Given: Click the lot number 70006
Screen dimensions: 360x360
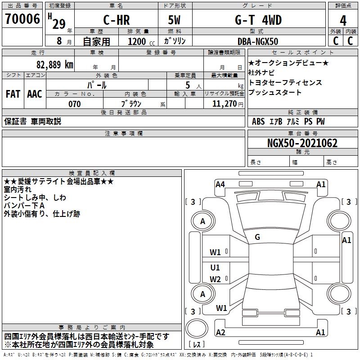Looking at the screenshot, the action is pyautogui.click(x=22, y=19).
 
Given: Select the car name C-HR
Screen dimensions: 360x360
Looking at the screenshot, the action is pyautogui.click(x=117, y=20).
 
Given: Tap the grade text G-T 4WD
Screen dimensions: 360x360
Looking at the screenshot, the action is pyautogui.click(x=258, y=20).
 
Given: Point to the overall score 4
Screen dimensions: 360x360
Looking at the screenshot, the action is pyautogui.click(x=343, y=21).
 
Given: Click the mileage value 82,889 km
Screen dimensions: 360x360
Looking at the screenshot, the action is pyautogui.click(x=54, y=65).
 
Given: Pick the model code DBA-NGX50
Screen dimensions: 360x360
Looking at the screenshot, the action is pyautogui.click(x=258, y=41).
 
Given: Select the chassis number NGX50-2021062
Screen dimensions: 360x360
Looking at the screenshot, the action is pyautogui.click(x=302, y=143).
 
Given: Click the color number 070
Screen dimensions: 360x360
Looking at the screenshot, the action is pyautogui.click(x=75, y=104).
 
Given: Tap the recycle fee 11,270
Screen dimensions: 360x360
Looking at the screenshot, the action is pyautogui.click(x=224, y=104).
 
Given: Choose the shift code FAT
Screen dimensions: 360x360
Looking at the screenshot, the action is pyautogui.click(x=13, y=94).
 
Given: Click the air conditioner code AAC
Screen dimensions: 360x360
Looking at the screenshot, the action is pyautogui.click(x=35, y=94).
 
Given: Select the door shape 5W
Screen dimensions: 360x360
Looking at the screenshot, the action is pyautogui.click(x=174, y=20).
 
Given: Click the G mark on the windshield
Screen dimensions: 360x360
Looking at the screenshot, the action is pyautogui.click(x=257, y=237).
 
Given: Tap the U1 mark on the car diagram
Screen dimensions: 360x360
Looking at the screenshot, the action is pyautogui.click(x=215, y=267).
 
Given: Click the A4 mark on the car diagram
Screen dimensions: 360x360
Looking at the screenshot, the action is pyautogui.click(x=220, y=184).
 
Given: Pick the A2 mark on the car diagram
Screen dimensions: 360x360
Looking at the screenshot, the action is pyautogui.click(x=220, y=332).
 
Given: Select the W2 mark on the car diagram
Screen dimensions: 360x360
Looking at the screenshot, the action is pyautogui.click(x=215, y=279).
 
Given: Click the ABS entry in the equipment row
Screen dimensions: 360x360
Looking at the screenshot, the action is pyautogui.click(x=258, y=121).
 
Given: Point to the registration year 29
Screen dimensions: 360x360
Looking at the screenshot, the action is pyautogui.click(x=59, y=24).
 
